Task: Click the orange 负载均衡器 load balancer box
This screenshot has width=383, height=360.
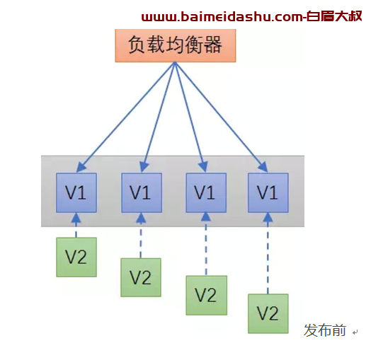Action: tap(176, 45)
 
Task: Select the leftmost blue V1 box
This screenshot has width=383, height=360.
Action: tap(76, 192)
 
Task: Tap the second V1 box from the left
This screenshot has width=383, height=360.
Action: tap(142, 192)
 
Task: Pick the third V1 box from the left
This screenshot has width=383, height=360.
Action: tap(206, 192)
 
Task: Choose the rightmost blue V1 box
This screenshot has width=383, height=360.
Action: tap(268, 192)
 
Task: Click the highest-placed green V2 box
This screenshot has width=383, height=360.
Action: tap(76, 257)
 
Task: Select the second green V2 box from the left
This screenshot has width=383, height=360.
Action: tap(141, 277)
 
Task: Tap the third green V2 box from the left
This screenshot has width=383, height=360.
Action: tap(207, 296)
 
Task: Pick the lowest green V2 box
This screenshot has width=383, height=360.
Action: tap(268, 313)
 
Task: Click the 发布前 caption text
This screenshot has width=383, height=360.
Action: tap(325, 330)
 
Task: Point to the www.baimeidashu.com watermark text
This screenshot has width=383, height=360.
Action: tap(252, 16)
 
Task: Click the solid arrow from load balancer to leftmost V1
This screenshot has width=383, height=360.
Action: tap(125, 117)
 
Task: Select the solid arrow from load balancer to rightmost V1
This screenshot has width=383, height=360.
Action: tap(221, 117)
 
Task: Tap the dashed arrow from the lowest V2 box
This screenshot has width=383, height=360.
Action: tap(268, 253)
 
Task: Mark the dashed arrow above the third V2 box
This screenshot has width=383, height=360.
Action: tap(206, 244)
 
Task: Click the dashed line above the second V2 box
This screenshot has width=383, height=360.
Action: tap(141, 236)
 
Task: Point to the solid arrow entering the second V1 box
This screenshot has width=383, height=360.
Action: tap(159, 117)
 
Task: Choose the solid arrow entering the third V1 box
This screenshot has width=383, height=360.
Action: tap(190, 117)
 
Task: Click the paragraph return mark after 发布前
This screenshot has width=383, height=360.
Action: tap(355, 332)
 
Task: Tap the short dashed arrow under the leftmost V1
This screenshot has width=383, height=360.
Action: tap(76, 225)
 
